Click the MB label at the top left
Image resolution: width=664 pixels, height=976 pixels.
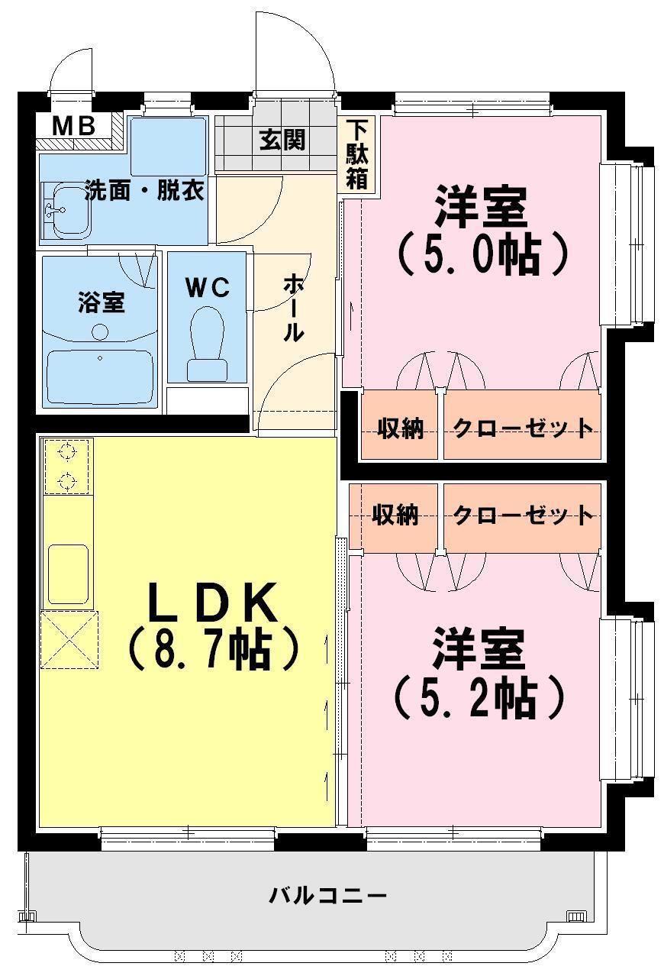click(73, 126)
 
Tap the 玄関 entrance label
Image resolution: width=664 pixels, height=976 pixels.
click(282, 141)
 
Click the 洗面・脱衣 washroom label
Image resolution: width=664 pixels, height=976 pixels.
click(143, 191)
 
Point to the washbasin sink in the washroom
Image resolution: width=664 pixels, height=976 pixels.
click(66, 210)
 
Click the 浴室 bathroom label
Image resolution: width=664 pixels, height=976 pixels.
click(101, 302)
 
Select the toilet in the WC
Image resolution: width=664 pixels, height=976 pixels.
click(208, 343)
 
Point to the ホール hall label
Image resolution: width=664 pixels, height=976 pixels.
click(294, 308)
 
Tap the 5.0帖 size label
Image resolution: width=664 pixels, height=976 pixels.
click(482, 255)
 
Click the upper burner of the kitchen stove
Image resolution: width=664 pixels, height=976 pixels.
click(68, 454)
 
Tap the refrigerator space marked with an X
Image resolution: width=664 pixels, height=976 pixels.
click(69, 639)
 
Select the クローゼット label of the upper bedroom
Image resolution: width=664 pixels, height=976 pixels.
click(523, 428)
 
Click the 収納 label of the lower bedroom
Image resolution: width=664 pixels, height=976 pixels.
click(395, 515)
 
